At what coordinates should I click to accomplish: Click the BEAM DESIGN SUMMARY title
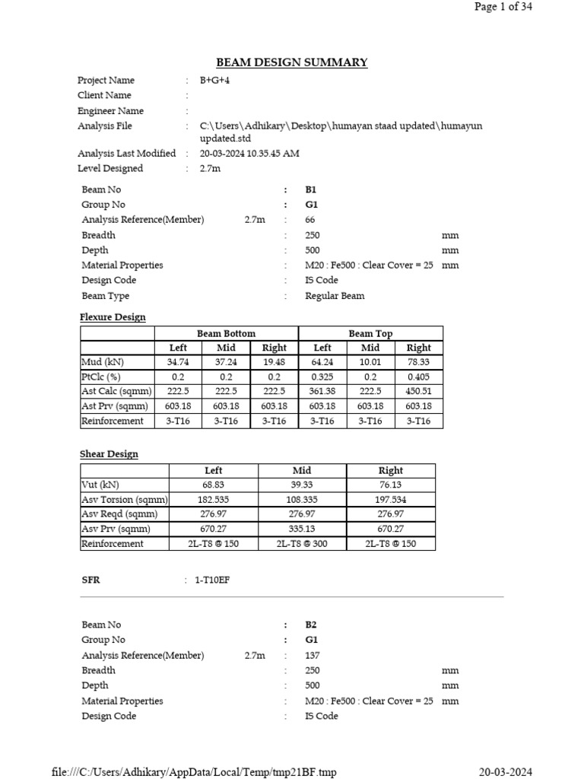coord(292,62)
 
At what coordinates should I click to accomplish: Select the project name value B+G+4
coord(214,80)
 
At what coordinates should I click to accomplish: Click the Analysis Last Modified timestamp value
coord(249,153)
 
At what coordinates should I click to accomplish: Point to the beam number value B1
coord(310,189)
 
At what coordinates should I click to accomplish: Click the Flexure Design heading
coord(113,316)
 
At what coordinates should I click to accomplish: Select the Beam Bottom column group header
coord(226,333)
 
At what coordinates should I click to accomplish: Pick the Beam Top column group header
coord(370,333)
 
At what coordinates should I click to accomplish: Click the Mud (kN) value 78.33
coord(418,362)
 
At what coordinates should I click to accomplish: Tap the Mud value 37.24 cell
coord(226,362)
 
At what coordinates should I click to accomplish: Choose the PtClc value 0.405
coord(418,377)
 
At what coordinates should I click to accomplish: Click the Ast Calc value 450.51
coord(418,391)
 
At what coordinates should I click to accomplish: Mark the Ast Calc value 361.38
coord(322,391)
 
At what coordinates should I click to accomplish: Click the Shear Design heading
coord(109,454)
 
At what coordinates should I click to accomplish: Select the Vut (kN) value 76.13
coord(390,485)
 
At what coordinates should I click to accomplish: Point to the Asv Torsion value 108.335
coord(302,500)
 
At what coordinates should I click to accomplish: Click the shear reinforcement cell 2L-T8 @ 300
coord(302,544)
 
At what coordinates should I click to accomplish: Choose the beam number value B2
coord(310,625)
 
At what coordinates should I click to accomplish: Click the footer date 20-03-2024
coord(506,772)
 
